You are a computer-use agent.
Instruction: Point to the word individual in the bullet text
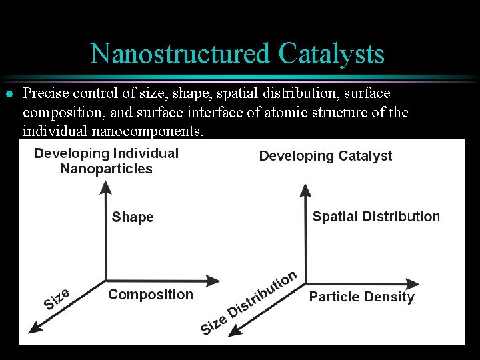point(53,130)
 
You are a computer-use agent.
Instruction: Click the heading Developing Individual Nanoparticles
point(107,161)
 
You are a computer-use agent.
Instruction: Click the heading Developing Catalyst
point(325,156)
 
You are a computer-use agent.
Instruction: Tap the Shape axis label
point(133,217)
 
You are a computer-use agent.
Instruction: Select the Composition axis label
point(151,294)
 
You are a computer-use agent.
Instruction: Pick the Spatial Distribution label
point(376,217)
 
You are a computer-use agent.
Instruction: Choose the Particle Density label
point(361,297)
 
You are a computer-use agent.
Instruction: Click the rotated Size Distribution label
point(248,303)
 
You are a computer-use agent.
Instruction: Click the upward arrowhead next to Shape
point(105,191)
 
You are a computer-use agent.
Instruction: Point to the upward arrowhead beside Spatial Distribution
point(305,192)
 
